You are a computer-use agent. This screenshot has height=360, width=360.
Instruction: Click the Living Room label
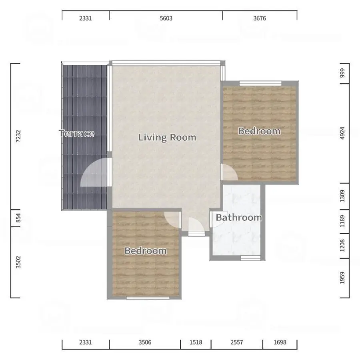tap(167, 137)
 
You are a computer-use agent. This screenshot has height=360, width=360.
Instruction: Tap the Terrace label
tap(76, 133)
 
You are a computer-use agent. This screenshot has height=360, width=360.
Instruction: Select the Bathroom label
tap(239, 218)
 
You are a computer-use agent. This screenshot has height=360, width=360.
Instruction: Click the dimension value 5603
tap(166, 18)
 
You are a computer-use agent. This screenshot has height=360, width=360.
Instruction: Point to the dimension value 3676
tap(260, 18)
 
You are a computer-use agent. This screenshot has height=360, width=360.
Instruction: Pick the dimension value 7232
tap(18, 136)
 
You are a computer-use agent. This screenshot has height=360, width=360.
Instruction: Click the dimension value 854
tap(18, 218)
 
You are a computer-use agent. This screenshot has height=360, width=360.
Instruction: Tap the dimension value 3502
tap(18, 262)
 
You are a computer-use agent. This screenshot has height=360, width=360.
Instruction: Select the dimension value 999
tap(342, 73)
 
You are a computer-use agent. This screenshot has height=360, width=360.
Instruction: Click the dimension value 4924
tap(342, 133)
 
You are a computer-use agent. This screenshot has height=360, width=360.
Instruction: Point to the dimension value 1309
tap(342, 196)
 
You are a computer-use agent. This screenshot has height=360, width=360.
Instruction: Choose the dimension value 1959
tap(342, 278)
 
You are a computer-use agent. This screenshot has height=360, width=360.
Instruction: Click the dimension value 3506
tap(145, 342)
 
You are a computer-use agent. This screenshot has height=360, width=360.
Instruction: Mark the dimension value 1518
tap(196, 342)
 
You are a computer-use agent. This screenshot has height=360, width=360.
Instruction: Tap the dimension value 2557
tap(237, 342)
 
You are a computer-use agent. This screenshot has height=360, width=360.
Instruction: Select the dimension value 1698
tap(280, 342)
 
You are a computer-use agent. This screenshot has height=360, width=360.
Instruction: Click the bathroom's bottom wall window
tap(250, 258)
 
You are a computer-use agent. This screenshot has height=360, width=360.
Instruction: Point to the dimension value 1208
tap(342, 246)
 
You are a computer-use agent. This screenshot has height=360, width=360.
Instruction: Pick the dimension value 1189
tap(342, 221)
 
